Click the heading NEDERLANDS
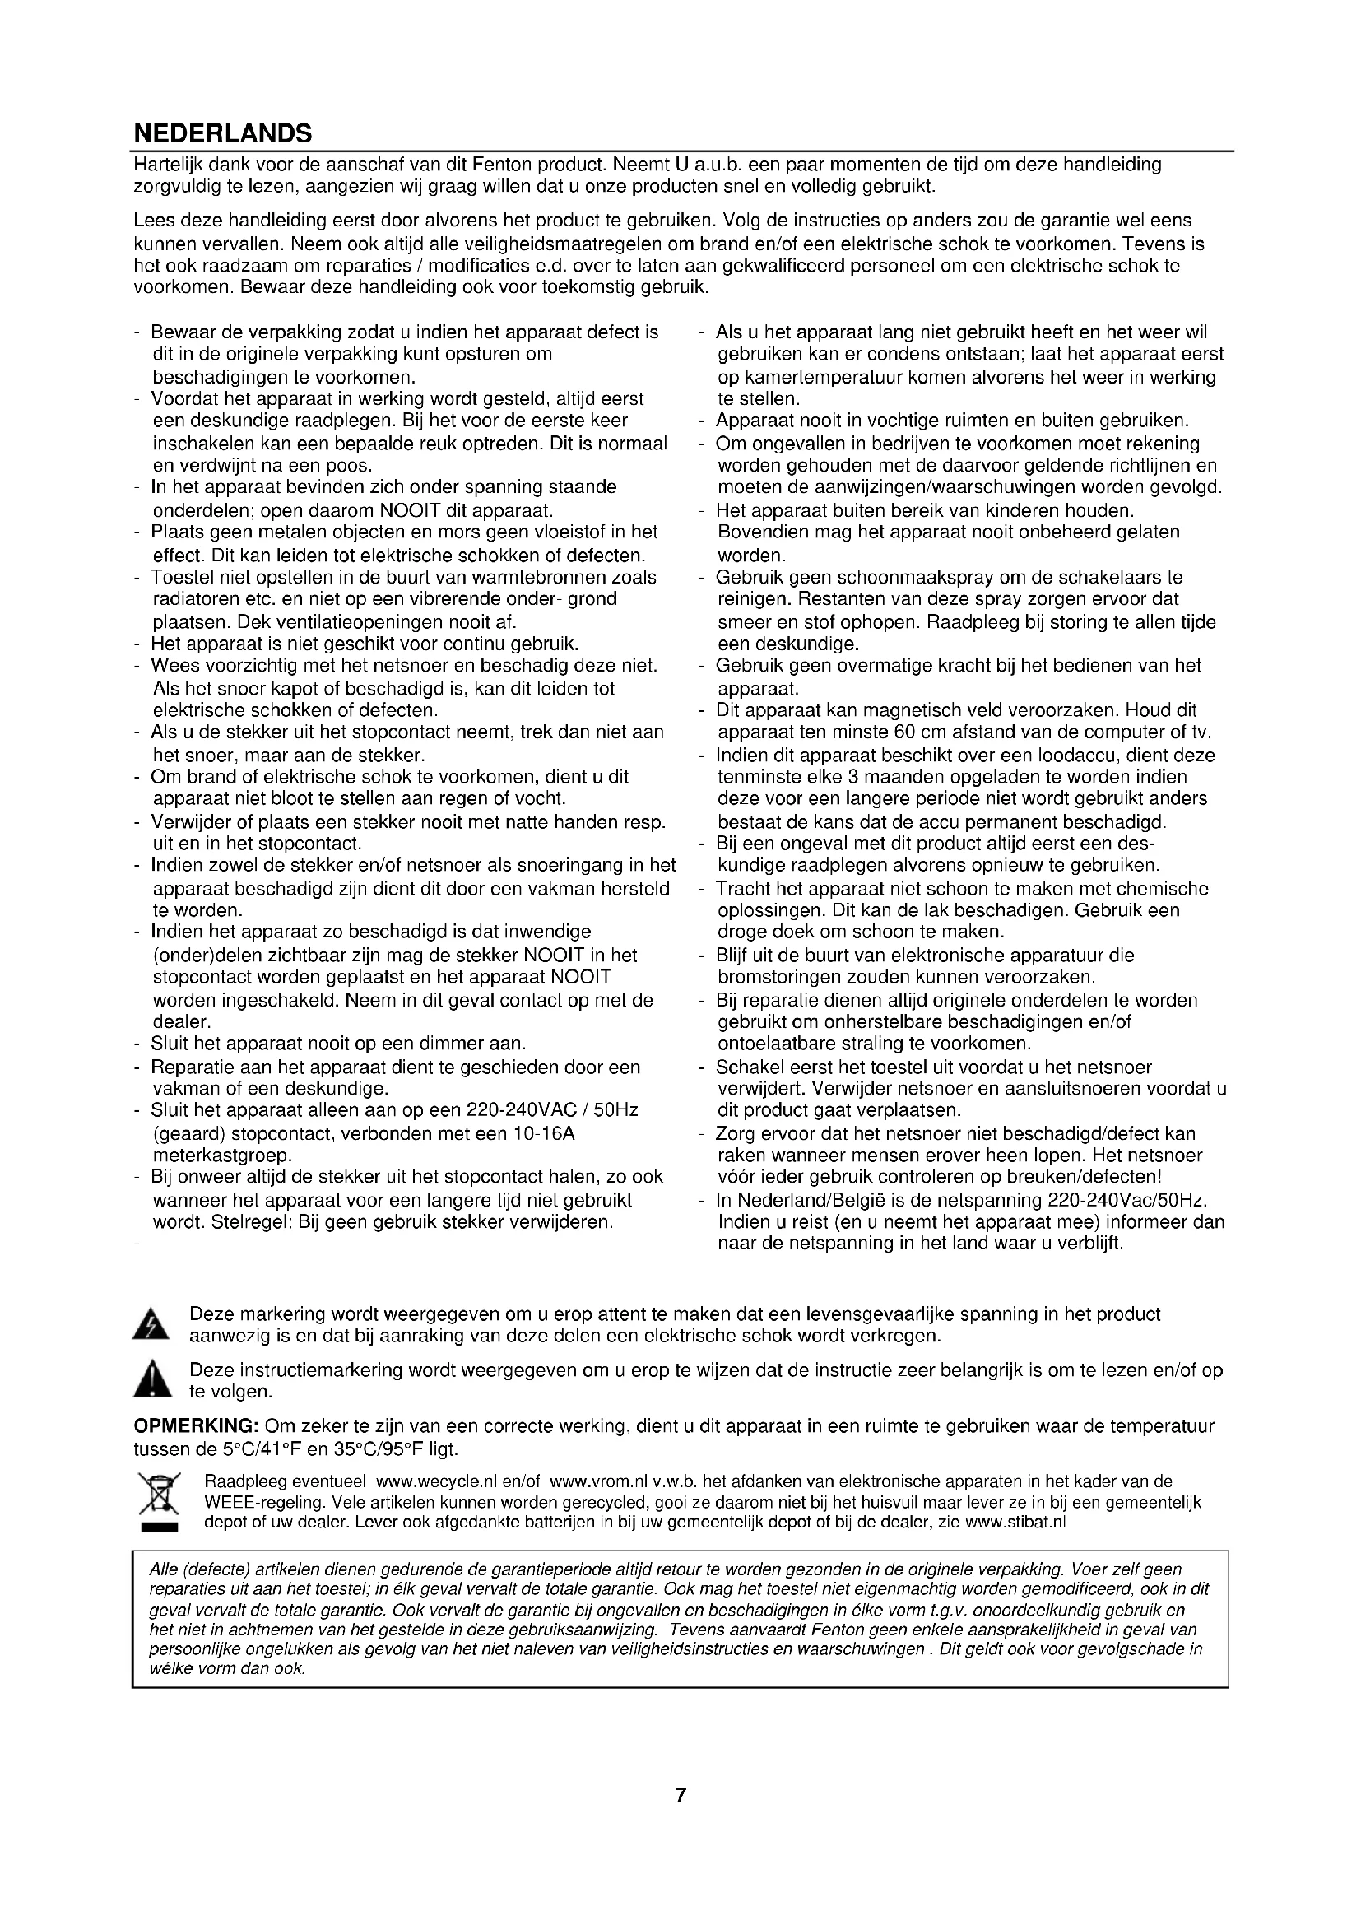pos(223,133)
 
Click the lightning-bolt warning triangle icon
pos(151,1324)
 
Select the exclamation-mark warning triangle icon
pos(151,1381)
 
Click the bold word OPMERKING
pos(196,1426)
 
